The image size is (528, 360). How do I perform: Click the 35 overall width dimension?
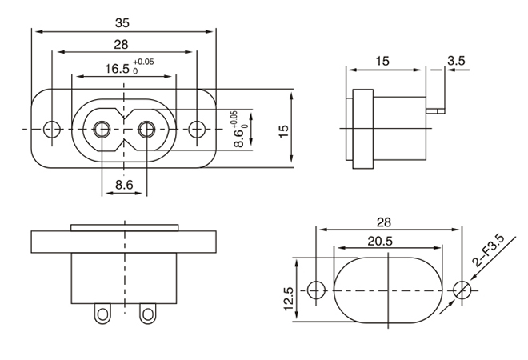click(123, 23)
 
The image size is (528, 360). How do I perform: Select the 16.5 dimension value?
click(118, 68)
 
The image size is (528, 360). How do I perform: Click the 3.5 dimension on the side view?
click(458, 61)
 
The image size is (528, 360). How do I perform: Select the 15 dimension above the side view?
click(382, 61)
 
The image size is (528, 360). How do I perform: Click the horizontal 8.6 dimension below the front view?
click(124, 184)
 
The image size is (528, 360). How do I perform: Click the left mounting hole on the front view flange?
click(51, 128)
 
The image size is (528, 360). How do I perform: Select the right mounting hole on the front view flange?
click(197, 128)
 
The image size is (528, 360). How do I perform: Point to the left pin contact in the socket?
click(102, 128)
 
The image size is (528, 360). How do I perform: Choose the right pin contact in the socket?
click(146, 128)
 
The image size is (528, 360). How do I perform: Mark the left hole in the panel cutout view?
click(317, 289)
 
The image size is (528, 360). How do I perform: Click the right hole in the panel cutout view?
click(459, 289)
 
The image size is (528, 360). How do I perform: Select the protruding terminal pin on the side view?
click(437, 108)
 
